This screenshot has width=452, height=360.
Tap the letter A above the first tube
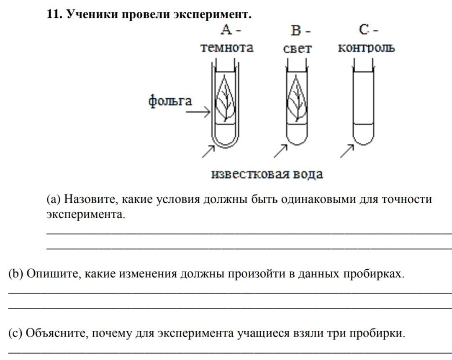tap(227, 30)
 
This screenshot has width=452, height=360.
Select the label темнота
tap(227, 48)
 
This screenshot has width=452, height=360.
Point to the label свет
tap(297, 49)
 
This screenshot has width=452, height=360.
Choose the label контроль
tap(366, 48)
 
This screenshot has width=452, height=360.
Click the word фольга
tap(170, 101)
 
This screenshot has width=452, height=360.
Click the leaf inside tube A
tap(226, 99)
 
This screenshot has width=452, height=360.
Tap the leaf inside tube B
tap(297, 99)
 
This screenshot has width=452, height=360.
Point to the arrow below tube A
tap(208, 151)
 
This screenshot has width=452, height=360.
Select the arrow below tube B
tap(280, 151)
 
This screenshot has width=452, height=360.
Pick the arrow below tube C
tap(347, 151)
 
